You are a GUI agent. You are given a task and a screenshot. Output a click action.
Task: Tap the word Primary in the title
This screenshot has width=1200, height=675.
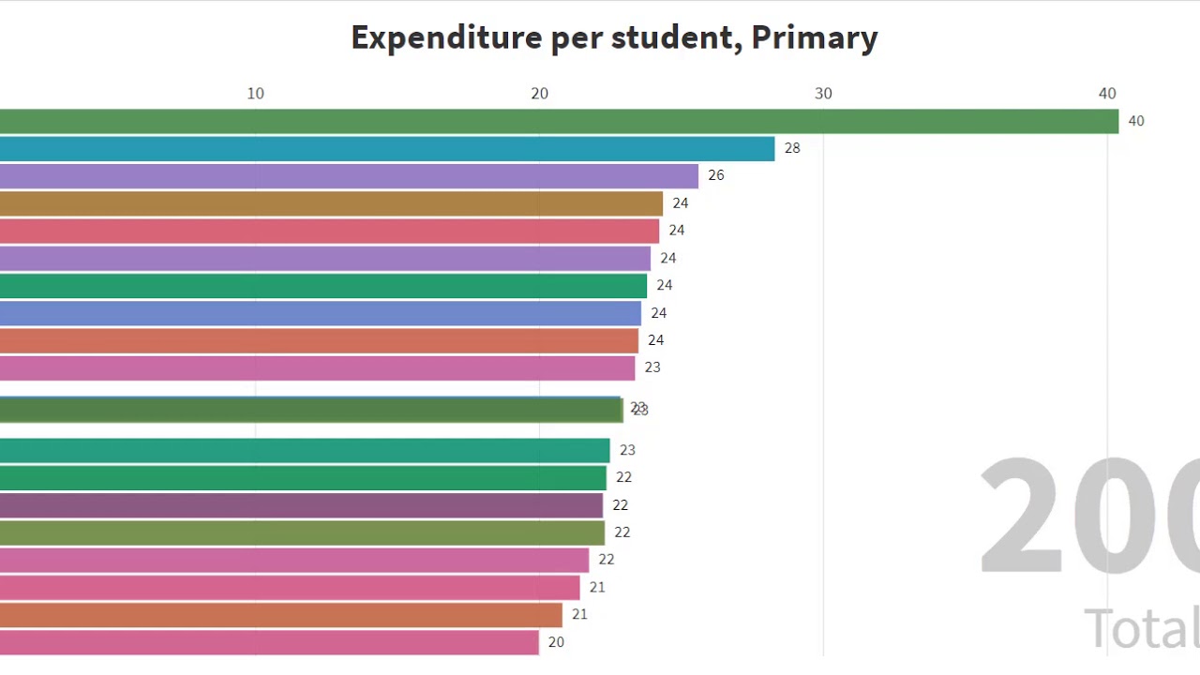pyautogui.click(x=814, y=37)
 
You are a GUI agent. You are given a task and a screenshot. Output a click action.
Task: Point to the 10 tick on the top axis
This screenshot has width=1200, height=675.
pyautogui.click(x=255, y=94)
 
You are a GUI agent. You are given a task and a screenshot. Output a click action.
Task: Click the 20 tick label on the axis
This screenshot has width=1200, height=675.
pyautogui.click(x=539, y=94)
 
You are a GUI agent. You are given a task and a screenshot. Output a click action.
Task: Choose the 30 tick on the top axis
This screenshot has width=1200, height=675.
pyautogui.click(x=823, y=94)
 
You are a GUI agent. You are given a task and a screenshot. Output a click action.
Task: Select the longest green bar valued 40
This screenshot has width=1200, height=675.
pyautogui.click(x=559, y=121)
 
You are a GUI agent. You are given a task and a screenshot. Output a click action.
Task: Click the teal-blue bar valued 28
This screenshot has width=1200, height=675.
pyautogui.click(x=387, y=149)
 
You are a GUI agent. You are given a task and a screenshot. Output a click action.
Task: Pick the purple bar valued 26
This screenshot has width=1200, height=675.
pyautogui.click(x=349, y=176)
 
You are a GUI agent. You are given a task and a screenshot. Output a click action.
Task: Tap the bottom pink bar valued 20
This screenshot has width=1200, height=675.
pyautogui.click(x=269, y=642)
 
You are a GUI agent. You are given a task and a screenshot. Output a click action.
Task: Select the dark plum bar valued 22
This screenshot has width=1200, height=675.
pyautogui.click(x=301, y=505)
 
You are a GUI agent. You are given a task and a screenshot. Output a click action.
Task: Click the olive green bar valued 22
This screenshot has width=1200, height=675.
pyautogui.click(x=302, y=532)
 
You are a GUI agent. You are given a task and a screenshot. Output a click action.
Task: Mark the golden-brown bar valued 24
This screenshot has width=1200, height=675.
pyautogui.click(x=331, y=203)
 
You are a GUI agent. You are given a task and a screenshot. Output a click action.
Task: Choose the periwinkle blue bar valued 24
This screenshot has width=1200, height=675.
pyautogui.click(x=321, y=313)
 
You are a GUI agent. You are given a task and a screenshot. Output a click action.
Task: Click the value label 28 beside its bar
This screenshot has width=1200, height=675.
pyautogui.click(x=792, y=148)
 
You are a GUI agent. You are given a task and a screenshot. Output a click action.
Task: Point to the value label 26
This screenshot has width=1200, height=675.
pyautogui.click(x=715, y=175)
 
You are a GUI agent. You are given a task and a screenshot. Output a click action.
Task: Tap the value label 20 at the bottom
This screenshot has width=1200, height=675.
pyautogui.click(x=556, y=642)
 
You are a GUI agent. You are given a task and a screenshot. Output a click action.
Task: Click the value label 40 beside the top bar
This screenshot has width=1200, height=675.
pyautogui.click(x=1135, y=121)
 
